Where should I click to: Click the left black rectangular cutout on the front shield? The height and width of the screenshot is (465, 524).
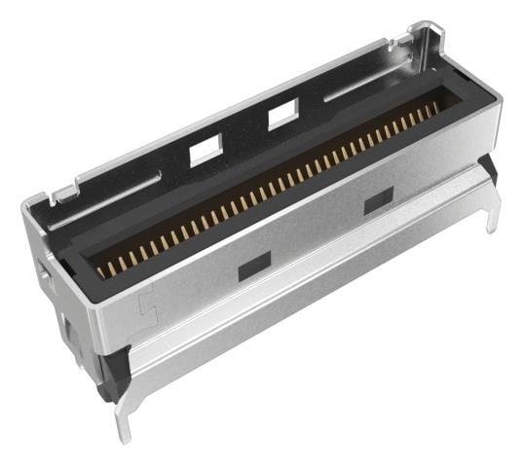click(x=253, y=263)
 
